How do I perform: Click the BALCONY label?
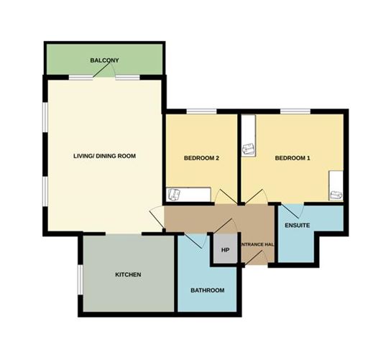pyautogui.click(x=104, y=60)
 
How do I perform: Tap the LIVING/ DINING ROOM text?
pyautogui.click(x=105, y=156)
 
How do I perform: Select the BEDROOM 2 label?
pyautogui.click(x=201, y=158)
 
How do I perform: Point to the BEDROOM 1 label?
pyautogui.click(x=293, y=158)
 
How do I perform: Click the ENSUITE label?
pyautogui.click(x=297, y=226)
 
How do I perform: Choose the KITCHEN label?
pyautogui.click(x=128, y=275)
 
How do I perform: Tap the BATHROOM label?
pyautogui.click(x=207, y=290)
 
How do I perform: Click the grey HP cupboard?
pyautogui.click(x=224, y=250)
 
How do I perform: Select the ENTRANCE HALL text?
pyautogui.click(x=257, y=245)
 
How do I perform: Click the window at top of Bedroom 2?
pyautogui.click(x=201, y=111)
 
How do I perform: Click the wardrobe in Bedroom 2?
pyautogui.click(x=188, y=195)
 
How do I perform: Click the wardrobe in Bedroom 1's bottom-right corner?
pyautogui.click(x=335, y=186)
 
